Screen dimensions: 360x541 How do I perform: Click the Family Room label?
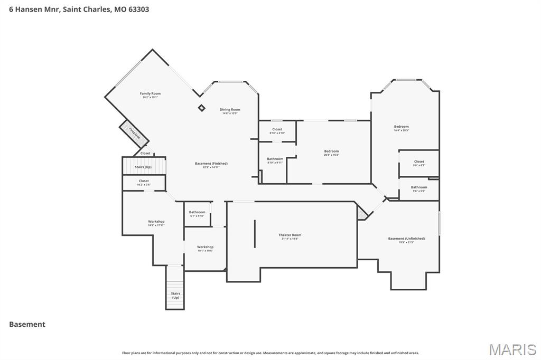coord(150,95)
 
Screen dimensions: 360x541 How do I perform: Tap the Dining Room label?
coord(230,111)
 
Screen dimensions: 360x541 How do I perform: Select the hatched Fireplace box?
coord(134,132)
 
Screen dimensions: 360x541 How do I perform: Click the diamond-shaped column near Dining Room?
coord(201,108)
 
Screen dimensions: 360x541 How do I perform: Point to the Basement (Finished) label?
coord(211,165)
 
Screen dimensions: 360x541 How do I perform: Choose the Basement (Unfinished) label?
coord(406,240)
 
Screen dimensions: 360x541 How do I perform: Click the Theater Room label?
coord(290,236)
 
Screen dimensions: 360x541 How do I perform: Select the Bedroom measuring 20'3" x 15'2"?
coord(331,153)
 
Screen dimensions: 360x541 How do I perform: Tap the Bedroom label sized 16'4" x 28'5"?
coord(401,128)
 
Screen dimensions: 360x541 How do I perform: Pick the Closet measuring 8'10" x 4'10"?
coord(277,131)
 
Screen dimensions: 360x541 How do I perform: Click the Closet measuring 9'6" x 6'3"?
coord(418,163)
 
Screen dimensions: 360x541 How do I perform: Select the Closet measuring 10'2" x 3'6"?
coord(144,183)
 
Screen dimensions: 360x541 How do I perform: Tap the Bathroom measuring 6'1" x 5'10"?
coord(197,214)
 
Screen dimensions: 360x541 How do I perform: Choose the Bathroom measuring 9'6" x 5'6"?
coord(419,189)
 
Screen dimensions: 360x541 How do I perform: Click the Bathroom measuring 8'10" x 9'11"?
coord(275,160)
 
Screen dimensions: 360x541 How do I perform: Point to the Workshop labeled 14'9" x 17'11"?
coord(156,223)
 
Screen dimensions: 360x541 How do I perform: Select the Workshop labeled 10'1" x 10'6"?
coord(205,249)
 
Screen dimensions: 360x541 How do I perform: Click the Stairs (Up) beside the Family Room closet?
coord(144,166)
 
